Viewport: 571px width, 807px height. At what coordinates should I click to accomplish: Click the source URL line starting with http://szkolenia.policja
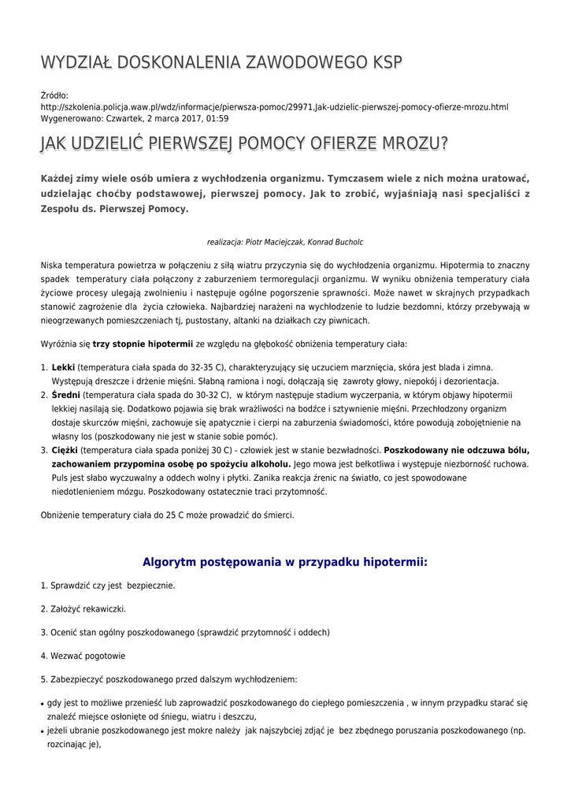click(x=274, y=106)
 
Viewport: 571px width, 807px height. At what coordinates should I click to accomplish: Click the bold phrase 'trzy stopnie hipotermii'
click(x=143, y=344)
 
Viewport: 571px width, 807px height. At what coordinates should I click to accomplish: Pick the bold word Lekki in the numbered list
click(x=63, y=367)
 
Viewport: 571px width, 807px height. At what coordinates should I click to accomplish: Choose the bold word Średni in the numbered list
click(x=65, y=395)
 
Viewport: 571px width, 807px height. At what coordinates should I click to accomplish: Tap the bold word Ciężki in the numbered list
click(x=65, y=450)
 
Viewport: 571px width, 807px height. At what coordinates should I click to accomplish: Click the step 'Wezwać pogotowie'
click(x=83, y=656)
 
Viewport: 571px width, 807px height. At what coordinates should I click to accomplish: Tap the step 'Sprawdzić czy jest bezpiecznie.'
click(x=108, y=586)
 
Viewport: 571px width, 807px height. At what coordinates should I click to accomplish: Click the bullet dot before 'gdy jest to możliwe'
click(x=42, y=703)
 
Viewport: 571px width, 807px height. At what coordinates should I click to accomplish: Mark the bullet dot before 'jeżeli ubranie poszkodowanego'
click(x=42, y=731)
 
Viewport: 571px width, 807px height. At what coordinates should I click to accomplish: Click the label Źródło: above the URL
click(x=54, y=95)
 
